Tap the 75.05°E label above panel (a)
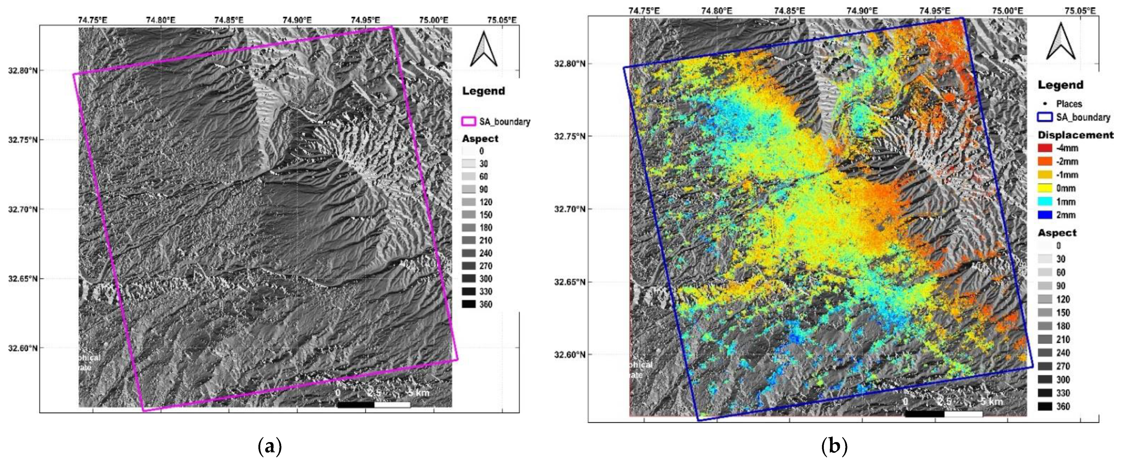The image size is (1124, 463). pyautogui.click(x=502, y=20)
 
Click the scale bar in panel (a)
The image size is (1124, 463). pyautogui.click(x=374, y=405)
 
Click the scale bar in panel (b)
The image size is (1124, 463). pyautogui.click(x=944, y=414)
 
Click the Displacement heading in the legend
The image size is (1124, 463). pyautogui.click(x=1075, y=135)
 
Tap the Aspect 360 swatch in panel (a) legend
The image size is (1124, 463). pyautogui.click(x=469, y=304)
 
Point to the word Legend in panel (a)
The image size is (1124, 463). pyautogui.click(x=483, y=91)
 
